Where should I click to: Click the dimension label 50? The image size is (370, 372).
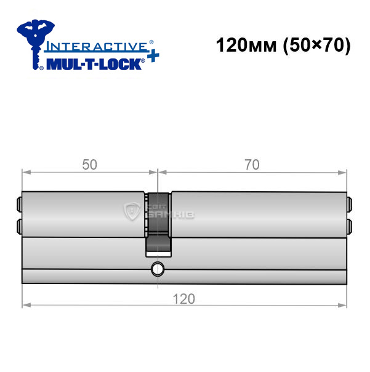click(89, 165)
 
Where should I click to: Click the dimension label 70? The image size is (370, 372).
click(252, 165)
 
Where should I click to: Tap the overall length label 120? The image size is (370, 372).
click(184, 299)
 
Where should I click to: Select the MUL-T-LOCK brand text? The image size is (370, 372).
click(94, 65)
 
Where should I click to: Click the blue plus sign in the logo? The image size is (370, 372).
click(153, 56)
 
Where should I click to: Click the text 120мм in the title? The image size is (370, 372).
click(246, 46)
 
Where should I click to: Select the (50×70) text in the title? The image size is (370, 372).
click(316, 46)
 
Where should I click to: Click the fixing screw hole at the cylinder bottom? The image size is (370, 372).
click(158, 269)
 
